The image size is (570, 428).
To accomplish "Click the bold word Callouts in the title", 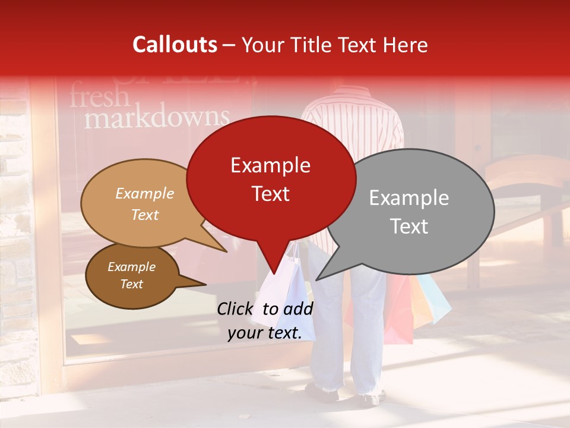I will (175, 45).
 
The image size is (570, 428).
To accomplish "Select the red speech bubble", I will (271, 178).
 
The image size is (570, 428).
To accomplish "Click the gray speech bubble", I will (410, 212).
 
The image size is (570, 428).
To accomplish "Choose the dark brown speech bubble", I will (132, 276).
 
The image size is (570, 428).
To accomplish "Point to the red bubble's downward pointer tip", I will (274, 274).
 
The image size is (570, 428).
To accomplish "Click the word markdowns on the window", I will (157, 117).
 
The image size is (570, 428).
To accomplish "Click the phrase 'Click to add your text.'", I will (265, 321).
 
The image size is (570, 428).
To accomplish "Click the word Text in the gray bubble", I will (410, 226).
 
